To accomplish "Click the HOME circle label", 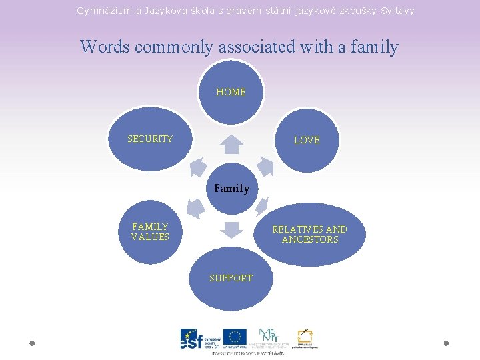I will tap(231, 92).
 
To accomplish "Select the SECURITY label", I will tap(150, 139).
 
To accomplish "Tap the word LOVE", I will tap(307, 140).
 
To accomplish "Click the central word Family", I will tap(231, 189).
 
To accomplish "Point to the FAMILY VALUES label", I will tap(150, 231).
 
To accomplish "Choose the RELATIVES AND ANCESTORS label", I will tap(309, 234).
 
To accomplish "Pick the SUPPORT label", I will tap(231, 278).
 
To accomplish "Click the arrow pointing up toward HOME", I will tap(231, 144).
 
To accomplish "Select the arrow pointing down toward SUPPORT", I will tap(231, 229).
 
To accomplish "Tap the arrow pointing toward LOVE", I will tap(266, 167).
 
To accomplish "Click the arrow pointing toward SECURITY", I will tap(197, 167).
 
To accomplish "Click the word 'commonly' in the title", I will tap(175, 47).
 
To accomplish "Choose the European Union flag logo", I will tap(235, 337).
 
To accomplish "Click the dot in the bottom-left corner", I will tap(32, 343).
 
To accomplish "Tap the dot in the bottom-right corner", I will tap(446, 343).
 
